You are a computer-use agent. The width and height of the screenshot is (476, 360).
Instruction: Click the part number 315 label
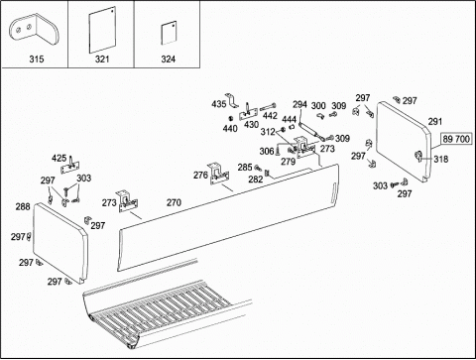37,60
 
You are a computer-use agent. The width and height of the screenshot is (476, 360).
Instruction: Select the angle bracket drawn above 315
34,29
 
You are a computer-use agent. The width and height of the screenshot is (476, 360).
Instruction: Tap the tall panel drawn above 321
102,30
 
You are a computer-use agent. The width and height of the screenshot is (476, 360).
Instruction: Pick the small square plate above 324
169,33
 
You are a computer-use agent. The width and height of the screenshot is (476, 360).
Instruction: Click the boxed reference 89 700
456,139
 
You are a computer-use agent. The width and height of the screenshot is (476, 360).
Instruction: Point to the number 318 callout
441,160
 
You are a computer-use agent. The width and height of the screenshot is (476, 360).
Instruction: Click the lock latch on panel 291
418,156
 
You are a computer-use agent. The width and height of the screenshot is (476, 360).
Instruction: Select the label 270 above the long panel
174,202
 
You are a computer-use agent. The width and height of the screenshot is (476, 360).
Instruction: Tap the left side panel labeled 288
60,243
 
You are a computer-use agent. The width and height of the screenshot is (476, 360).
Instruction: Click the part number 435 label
219,104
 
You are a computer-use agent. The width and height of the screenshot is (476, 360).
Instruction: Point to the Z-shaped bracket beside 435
232,100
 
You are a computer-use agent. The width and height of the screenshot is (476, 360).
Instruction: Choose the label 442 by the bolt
270,116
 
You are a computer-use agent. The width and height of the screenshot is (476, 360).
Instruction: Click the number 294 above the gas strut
299,105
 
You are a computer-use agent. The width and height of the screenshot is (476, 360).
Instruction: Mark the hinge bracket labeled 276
219,174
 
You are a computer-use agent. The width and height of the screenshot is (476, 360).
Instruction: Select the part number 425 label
59,159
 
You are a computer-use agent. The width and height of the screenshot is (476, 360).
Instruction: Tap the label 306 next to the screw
267,152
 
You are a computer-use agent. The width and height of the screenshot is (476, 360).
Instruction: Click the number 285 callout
245,168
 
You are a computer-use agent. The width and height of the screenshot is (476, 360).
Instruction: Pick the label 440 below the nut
230,128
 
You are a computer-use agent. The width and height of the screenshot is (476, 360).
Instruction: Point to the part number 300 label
318,106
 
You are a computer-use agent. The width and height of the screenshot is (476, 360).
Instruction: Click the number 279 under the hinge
288,162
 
